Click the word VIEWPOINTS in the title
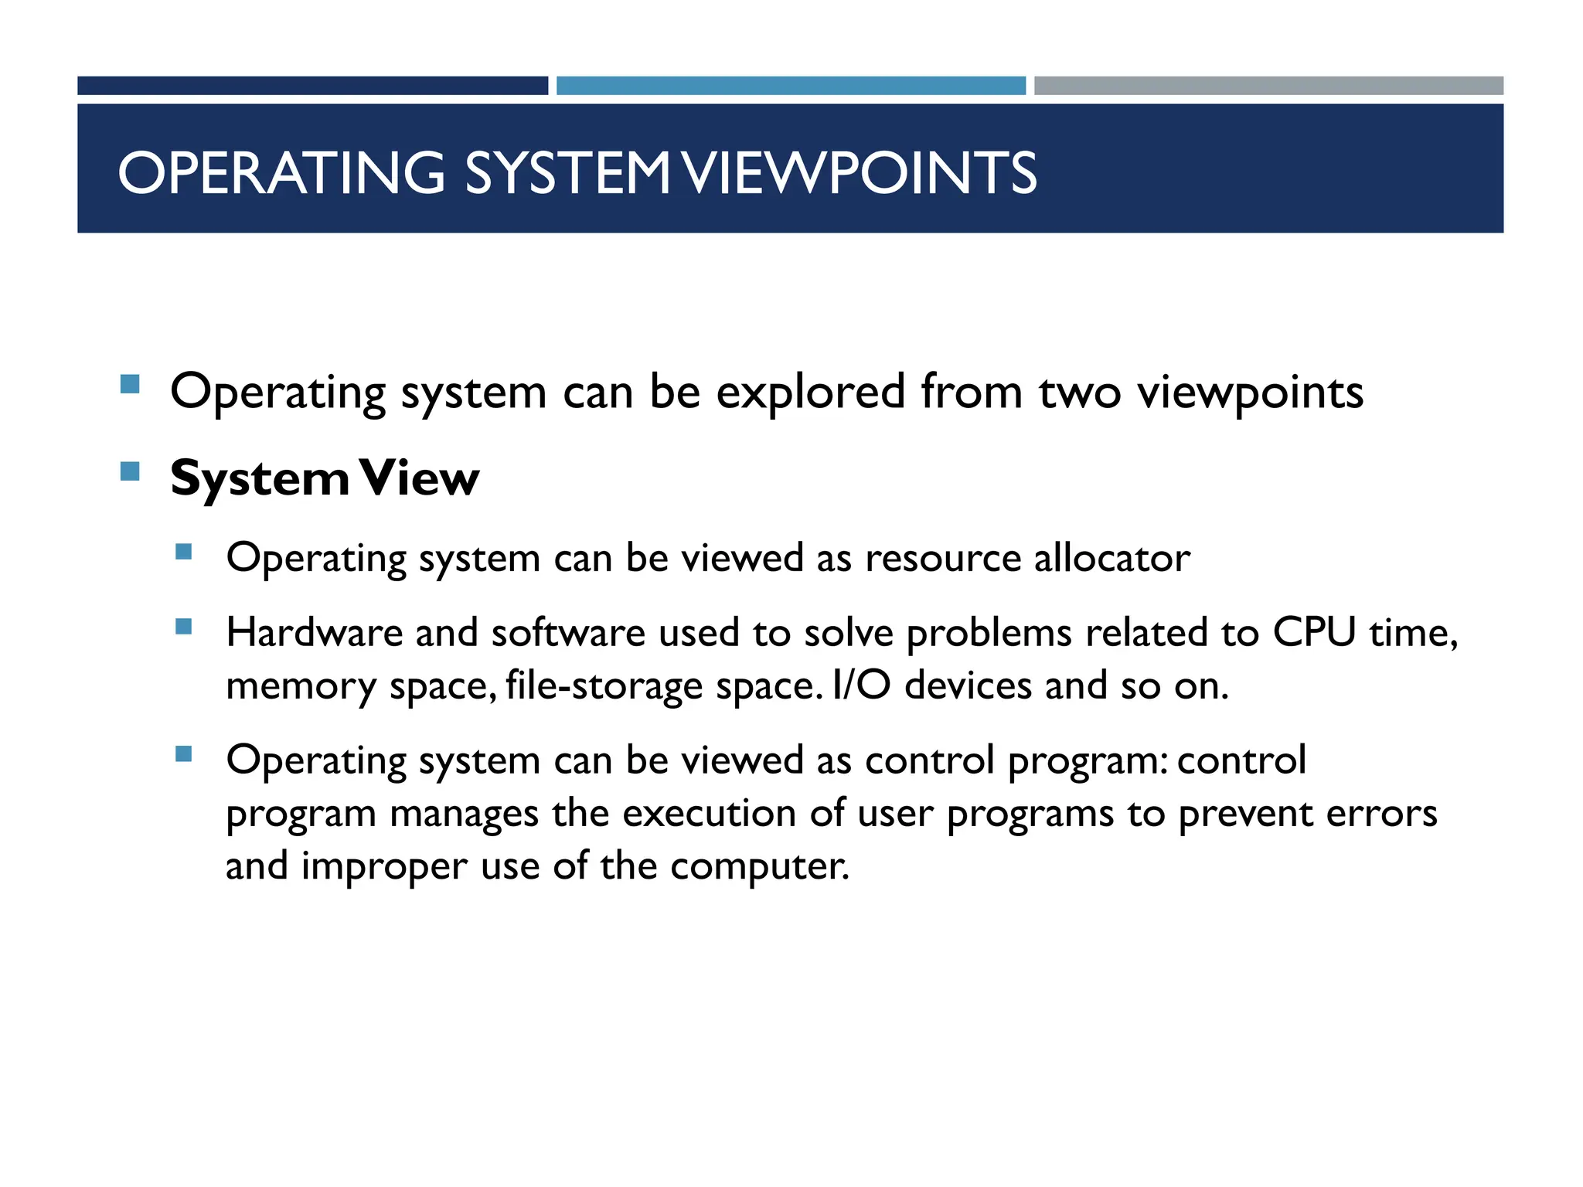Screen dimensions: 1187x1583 [860, 172]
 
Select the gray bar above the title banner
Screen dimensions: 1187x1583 [1268, 86]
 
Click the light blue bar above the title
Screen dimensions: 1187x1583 [791, 86]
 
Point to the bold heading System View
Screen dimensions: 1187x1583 [325, 479]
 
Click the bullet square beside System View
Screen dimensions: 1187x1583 [130, 471]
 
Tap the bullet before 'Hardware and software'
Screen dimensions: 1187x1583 [183, 626]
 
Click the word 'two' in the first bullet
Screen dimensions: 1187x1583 [1079, 393]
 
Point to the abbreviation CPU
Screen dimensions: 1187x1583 [1314, 632]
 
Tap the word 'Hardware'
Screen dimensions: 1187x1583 [315, 632]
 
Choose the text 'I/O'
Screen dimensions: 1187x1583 [862, 685]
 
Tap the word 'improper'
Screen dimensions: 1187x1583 [384, 867]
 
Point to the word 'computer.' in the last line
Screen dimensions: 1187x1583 [760, 867]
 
